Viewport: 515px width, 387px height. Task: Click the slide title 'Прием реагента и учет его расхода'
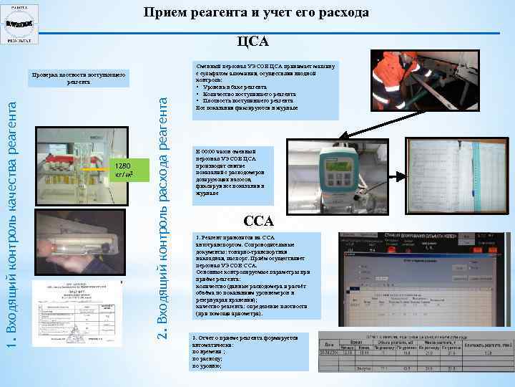click(x=256, y=12)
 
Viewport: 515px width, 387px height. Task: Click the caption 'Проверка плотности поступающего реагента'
click(x=79, y=77)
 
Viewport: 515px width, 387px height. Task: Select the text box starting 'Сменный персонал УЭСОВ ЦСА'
click(x=265, y=87)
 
